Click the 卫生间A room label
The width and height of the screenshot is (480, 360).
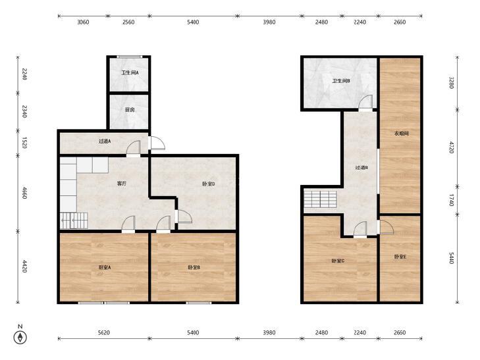click(130, 73)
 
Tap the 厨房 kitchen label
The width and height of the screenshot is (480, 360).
click(130, 109)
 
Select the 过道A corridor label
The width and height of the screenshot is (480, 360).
click(105, 141)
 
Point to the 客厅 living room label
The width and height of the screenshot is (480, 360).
click(122, 184)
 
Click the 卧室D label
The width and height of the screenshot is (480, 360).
click(209, 184)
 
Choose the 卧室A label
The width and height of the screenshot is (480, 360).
click(105, 267)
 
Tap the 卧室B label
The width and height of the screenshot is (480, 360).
click(194, 267)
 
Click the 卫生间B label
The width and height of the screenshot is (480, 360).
click(341, 81)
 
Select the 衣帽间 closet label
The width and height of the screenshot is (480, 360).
click(402, 134)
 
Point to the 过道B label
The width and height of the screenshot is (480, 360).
click(361, 168)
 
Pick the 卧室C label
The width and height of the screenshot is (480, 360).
click(338, 261)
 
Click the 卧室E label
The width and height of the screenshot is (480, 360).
click(400, 257)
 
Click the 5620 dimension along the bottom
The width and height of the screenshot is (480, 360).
click(104, 332)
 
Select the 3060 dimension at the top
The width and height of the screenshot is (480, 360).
click(83, 22)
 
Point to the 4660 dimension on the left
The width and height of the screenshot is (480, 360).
click(24, 193)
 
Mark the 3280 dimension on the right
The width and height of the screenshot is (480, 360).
click(451, 82)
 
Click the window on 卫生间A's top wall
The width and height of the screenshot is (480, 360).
click(130, 57)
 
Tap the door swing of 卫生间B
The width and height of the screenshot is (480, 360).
click(366, 102)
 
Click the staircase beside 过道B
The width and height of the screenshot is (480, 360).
click(320, 199)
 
